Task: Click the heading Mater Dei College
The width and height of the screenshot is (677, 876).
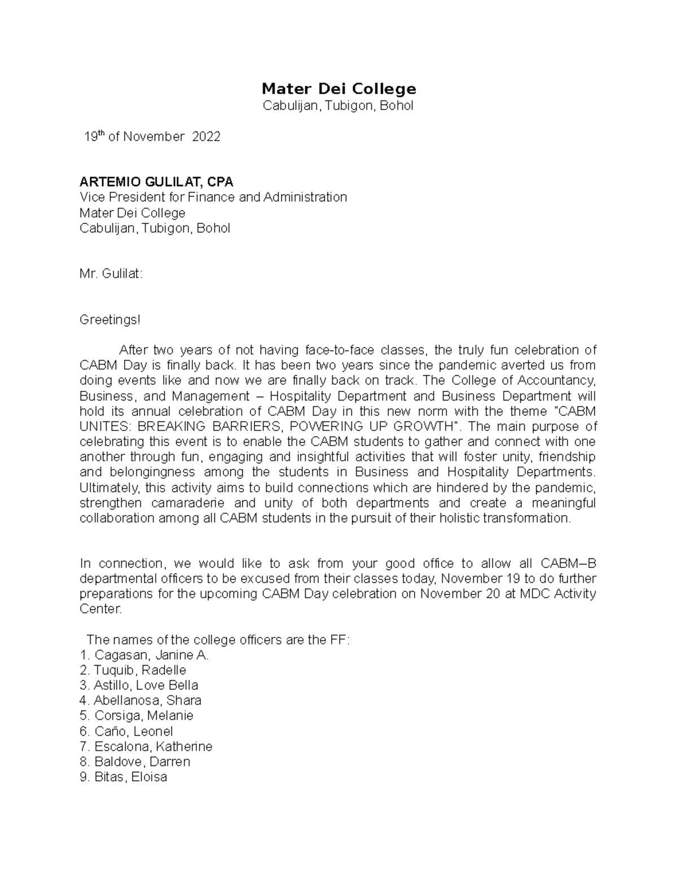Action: tap(338, 89)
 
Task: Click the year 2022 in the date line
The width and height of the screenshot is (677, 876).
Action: tap(206, 137)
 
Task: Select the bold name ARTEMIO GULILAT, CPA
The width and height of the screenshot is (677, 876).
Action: tap(156, 182)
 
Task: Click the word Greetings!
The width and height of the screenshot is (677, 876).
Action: tap(109, 320)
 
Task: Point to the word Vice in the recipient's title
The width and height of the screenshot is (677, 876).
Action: tap(91, 197)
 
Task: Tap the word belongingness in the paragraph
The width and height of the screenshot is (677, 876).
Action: tap(149, 472)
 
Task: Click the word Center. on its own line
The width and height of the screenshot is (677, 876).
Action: tap(100, 609)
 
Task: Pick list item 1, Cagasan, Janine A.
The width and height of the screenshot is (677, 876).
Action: tap(144, 655)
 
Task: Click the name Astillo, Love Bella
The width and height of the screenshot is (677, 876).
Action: tap(139, 685)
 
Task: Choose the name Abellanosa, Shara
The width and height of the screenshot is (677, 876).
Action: tap(140, 701)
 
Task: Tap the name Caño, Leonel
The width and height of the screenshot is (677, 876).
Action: tap(126, 732)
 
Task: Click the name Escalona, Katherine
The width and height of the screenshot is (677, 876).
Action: tap(146, 747)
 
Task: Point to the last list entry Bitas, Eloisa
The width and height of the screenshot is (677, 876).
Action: tap(124, 777)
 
